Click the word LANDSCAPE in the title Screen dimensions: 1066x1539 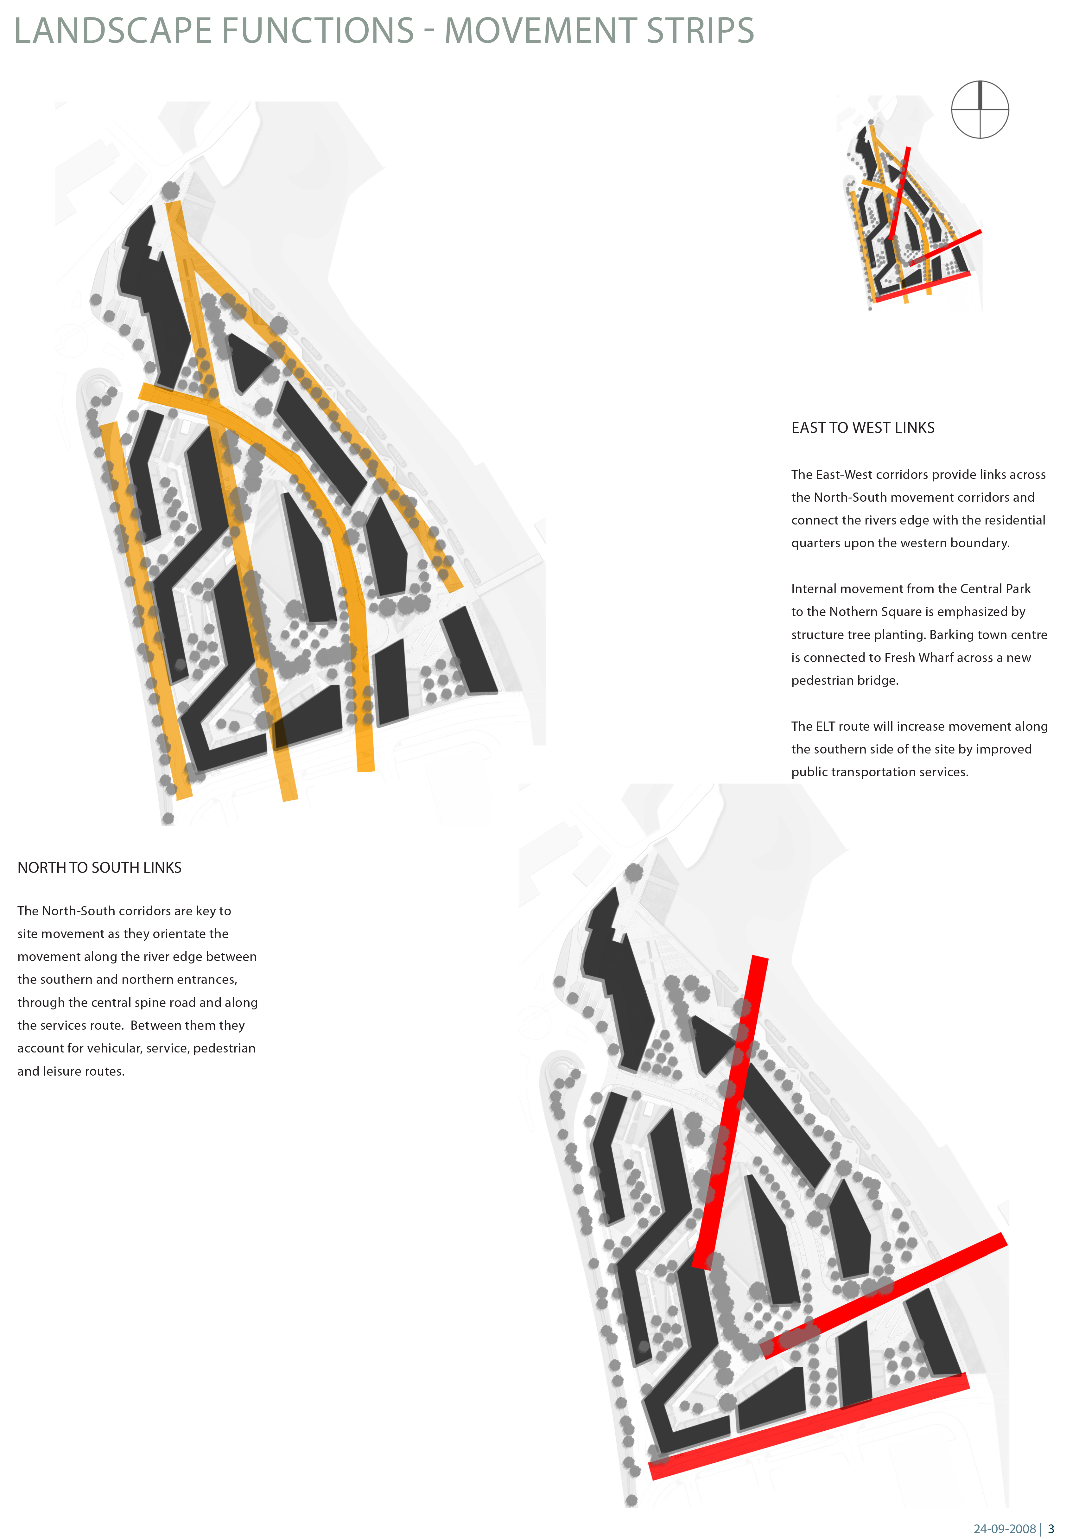tap(113, 31)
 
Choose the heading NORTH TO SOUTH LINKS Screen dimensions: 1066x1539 tap(99, 867)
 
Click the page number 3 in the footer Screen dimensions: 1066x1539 tap(1050, 1528)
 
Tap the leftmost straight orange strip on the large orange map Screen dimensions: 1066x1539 tap(146, 610)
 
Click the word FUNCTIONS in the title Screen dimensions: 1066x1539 tap(318, 31)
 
